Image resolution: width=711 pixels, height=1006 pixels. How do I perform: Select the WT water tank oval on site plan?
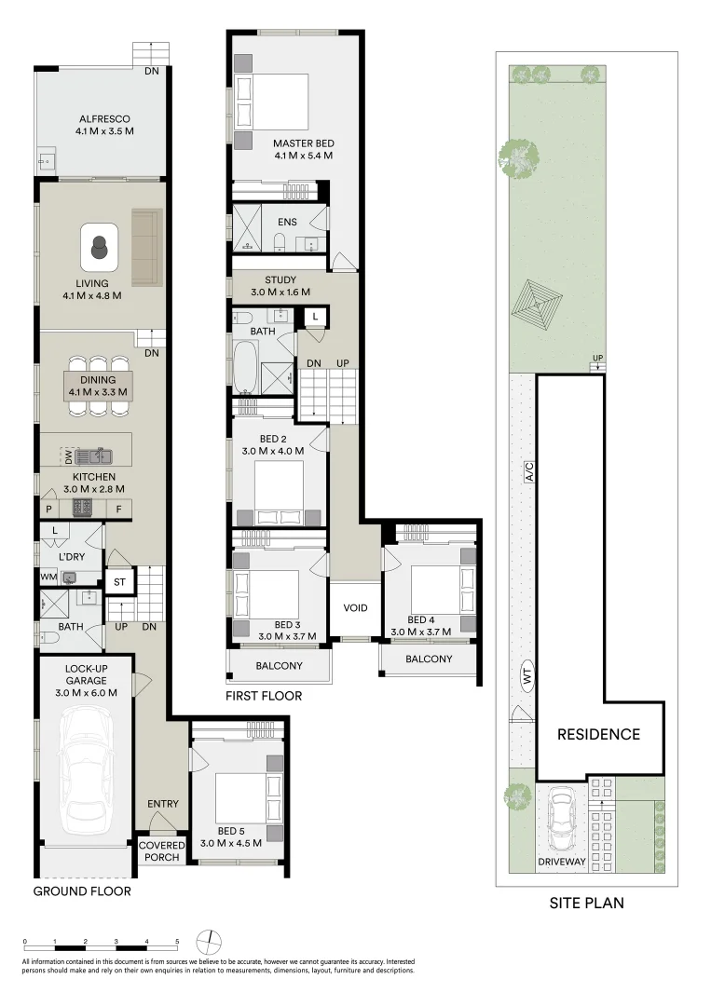pos(527,677)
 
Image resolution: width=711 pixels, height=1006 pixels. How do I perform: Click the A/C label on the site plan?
pos(529,472)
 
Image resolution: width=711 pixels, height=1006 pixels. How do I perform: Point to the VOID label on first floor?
pos(355,608)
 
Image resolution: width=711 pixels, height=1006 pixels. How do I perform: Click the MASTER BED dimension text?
pos(303,156)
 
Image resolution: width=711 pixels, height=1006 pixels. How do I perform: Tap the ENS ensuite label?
pos(287,223)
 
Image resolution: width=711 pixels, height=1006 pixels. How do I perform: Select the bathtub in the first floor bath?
pos(246,367)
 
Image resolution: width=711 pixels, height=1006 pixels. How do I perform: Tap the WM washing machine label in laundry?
pos(48,578)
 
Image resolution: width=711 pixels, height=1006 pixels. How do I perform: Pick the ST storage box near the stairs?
pos(119,583)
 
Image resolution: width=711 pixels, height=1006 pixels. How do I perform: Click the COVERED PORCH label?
pos(162,851)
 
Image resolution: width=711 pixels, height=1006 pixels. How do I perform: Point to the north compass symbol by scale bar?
pos(211,941)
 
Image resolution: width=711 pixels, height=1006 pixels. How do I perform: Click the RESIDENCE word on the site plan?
pos(598,734)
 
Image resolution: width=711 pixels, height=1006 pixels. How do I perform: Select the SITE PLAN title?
pos(585,903)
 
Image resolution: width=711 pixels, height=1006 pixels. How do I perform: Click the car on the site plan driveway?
pos(562,820)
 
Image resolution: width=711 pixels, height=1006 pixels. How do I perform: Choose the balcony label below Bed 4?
pos(429,659)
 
